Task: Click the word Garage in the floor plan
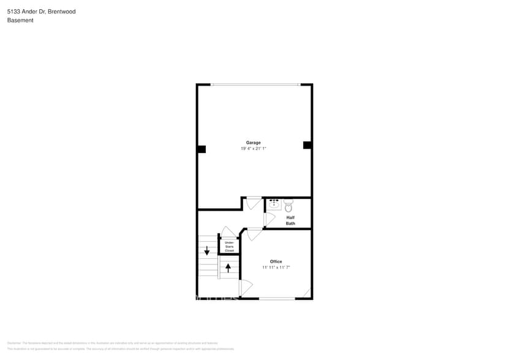click(x=254, y=143)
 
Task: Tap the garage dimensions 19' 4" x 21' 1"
click(x=254, y=149)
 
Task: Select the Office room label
click(x=276, y=261)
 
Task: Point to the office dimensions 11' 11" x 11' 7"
click(x=276, y=268)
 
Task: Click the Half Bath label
click(x=290, y=220)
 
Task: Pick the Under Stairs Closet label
click(x=229, y=247)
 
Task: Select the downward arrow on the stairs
click(x=207, y=250)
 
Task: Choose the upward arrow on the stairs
click(x=228, y=267)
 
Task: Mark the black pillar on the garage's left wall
click(x=202, y=149)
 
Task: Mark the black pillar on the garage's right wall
click(x=307, y=145)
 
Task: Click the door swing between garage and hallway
click(x=254, y=203)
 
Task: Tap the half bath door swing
click(x=269, y=219)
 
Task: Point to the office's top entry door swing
click(x=254, y=234)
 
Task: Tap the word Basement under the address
click(x=20, y=20)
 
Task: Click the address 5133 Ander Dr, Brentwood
click(x=42, y=11)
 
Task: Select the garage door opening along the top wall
click(x=255, y=84)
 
